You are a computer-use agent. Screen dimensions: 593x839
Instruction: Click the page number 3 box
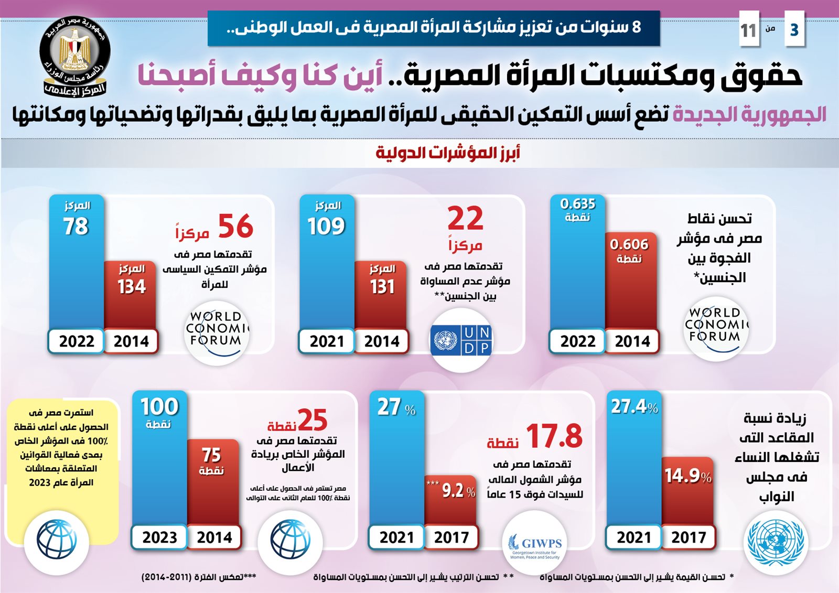[x=794, y=30]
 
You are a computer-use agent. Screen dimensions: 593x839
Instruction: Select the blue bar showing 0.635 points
[x=577, y=262]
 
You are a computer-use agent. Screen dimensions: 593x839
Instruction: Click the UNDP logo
[x=461, y=340]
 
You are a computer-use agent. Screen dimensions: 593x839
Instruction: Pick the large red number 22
[x=465, y=219]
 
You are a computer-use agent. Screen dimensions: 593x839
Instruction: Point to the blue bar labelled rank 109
[x=327, y=262]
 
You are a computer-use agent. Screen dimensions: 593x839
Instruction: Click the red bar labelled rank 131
[x=381, y=294]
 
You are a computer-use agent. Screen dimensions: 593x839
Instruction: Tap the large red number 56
[x=235, y=227]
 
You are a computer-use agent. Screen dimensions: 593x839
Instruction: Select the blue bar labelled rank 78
[x=77, y=262]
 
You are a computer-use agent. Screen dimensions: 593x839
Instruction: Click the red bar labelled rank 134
[x=131, y=294]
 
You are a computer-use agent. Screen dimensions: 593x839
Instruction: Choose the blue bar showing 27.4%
[x=633, y=461]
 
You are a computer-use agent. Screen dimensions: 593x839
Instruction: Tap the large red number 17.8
[x=554, y=436]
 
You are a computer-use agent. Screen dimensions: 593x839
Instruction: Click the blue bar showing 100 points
[x=159, y=461]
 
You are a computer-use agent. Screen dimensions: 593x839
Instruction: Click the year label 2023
[x=159, y=537]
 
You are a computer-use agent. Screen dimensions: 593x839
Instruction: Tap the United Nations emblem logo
[x=776, y=542]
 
